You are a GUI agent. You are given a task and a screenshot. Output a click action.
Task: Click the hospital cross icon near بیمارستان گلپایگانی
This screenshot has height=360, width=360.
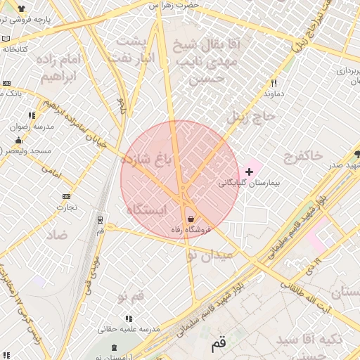(249, 171)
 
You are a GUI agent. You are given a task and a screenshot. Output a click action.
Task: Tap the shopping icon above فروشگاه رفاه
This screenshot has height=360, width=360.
(191, 219)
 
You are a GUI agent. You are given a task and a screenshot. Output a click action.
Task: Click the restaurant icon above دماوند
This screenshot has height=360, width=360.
(274, 83)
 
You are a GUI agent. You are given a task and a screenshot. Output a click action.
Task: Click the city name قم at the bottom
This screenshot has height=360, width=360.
(219, 345)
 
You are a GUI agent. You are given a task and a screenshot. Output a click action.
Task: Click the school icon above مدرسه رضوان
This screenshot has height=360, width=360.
(32, 115)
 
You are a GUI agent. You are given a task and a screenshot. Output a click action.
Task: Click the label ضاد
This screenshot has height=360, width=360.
(57, 234)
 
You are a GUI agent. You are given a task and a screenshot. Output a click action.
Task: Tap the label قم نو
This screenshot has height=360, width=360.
(131, 297)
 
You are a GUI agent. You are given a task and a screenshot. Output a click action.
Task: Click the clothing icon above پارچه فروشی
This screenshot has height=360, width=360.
(21, 9)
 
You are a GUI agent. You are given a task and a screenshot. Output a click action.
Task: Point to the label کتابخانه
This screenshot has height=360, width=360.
(15, 49)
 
